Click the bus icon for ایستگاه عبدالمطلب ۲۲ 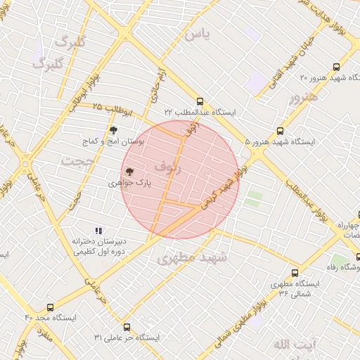[200, 101]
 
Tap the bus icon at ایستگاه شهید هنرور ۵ [281, 131]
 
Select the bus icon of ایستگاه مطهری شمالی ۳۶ [294, 273]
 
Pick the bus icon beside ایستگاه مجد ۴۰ [50, 307]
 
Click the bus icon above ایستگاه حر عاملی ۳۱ [127, 327]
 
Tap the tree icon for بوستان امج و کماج [113, 129]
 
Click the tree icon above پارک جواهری [129, 171]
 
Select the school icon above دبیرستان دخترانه [98, 231]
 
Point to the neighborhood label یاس [196, 34]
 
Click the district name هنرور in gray [303, 97]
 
